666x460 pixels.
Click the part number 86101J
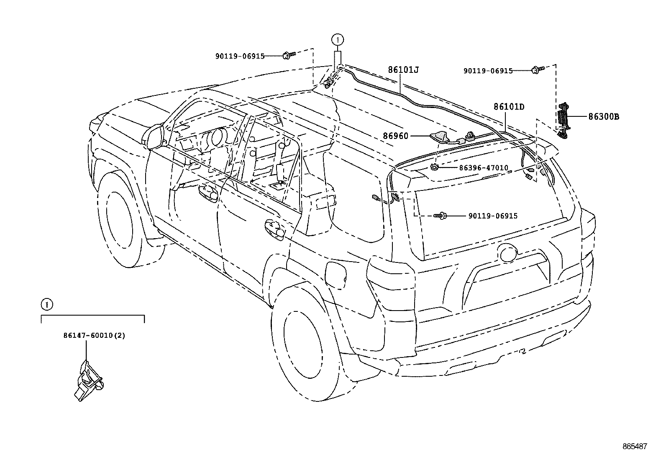403,70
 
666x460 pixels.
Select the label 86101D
509,107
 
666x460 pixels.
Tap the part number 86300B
603,117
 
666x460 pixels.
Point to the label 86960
395,136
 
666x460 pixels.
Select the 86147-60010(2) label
94,336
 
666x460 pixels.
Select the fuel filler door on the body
336,275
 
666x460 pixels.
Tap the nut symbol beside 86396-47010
435,168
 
